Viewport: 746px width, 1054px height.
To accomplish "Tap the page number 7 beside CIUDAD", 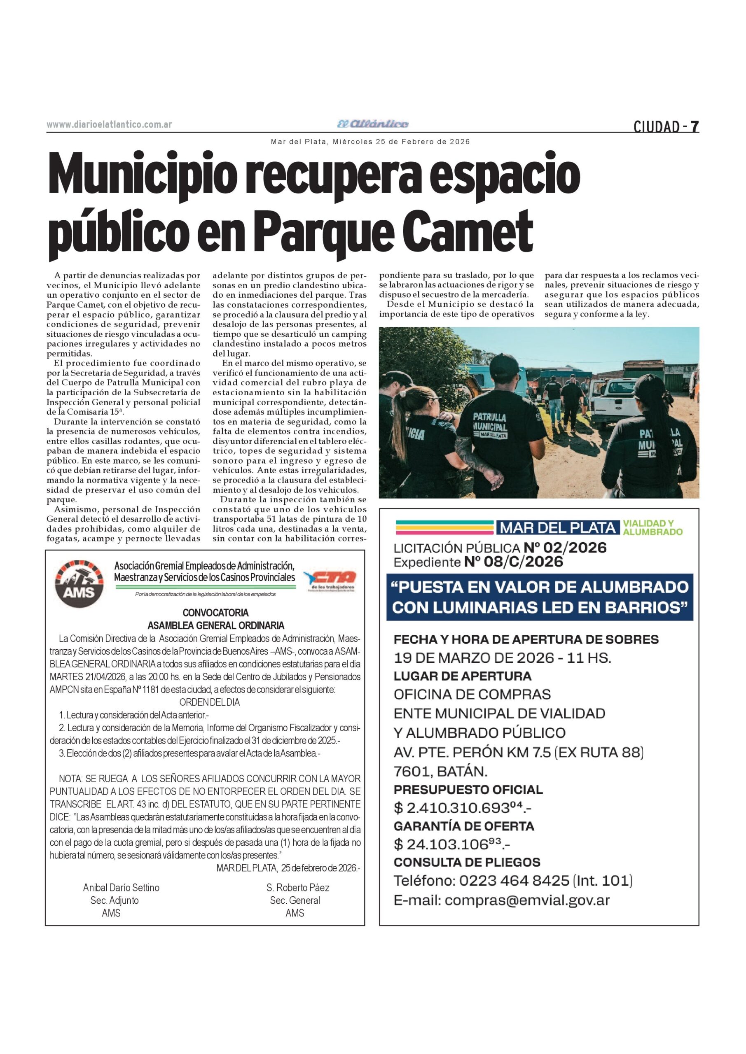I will click(x=694, y=126).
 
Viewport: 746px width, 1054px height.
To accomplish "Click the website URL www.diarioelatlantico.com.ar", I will click(x=109, y=124).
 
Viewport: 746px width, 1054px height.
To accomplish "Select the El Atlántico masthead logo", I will click(x=372, y=124).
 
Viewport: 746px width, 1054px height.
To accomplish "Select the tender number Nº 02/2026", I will click(x=565, y=548).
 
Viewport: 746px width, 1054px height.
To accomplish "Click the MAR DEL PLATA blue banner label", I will click(x=557, y=528).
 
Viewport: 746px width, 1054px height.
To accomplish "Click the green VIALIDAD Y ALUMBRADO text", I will click(x=652, y=528).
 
